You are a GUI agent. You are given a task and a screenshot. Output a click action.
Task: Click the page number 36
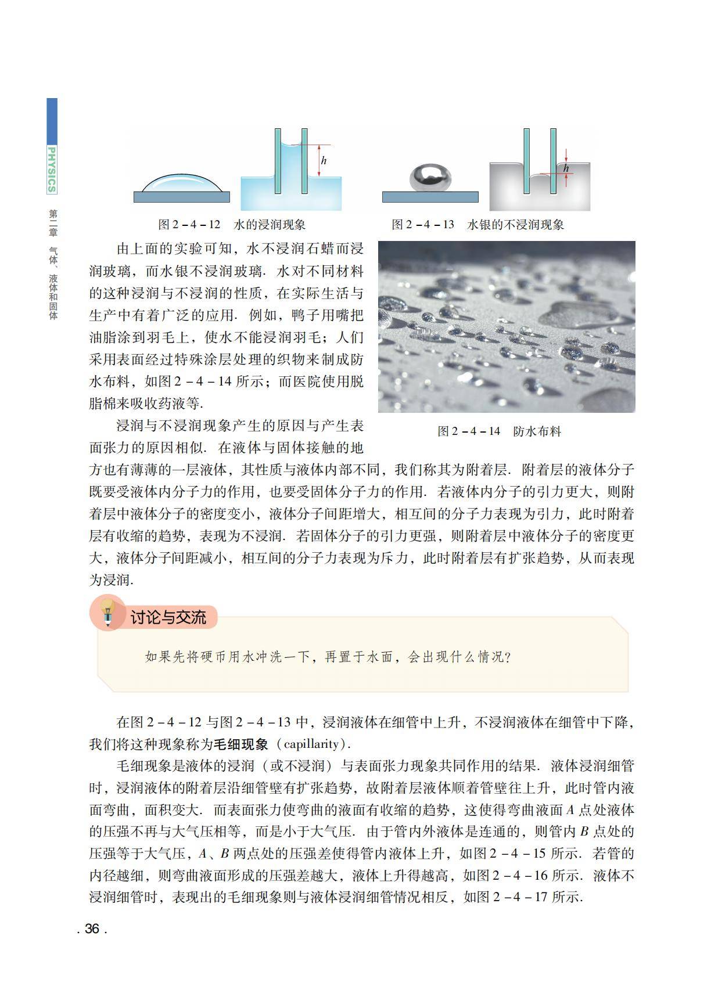coord(92,928)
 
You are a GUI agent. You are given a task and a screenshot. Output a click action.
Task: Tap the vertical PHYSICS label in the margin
coord(52,170)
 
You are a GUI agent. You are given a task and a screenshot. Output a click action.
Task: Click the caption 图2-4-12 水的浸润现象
coord(232,225)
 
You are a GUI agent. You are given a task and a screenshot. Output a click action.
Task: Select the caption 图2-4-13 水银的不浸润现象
coord(477,225)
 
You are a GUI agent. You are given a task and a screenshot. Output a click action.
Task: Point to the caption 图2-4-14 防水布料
coord(499,431)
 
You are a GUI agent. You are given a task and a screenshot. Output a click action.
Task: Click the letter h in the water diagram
coord(324,160)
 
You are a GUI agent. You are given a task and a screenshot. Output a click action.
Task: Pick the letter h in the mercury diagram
coord(566,168)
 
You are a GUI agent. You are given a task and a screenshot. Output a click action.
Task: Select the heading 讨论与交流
coord(168,617)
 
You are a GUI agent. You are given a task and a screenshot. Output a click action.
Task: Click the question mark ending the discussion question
coord(508,657)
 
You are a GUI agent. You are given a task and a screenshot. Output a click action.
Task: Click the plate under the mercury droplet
coord(430,197)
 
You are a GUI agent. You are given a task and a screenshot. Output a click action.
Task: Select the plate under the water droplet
coord(181,197)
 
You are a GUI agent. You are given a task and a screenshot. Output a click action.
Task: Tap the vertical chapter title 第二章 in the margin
coord(53,222)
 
